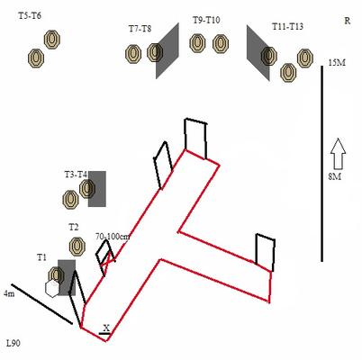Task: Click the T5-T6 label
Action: (30, 16)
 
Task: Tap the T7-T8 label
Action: (140, 29)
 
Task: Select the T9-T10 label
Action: (206, 20)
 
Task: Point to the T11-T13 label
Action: (287, 26)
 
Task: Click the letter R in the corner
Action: (348, 21)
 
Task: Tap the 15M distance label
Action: (337, 63)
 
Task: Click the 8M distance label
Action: (335, 176)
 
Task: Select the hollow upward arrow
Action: (338, 153)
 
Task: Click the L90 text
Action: (14, 343)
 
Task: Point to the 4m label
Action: (9, 293)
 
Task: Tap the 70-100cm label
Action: (113, 237)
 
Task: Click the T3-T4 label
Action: (76, 175)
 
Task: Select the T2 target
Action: (77, 246)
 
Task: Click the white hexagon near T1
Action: (52, 289)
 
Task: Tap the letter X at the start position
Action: (106, 328)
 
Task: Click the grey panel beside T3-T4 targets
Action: (97, 189)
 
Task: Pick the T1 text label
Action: (41, 257)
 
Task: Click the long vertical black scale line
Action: (322, 164)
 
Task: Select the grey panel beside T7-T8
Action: (167, 51)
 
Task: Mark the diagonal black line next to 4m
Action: (42, 304)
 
